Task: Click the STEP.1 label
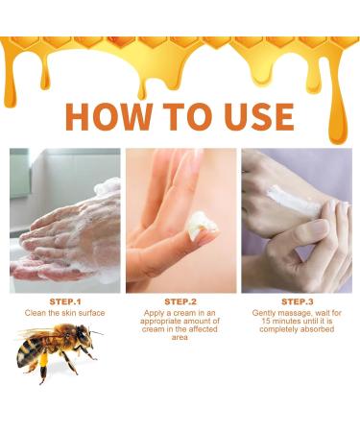(x=65, y=301)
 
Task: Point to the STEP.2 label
(x=180, y=301)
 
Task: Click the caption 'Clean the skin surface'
(x=65, y=313)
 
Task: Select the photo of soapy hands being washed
(x=65, y=220)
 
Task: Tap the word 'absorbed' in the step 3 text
(x=317, y=330)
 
